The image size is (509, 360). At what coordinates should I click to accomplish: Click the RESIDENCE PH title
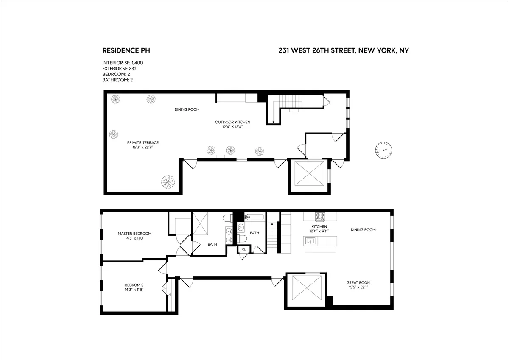tap(126, 50)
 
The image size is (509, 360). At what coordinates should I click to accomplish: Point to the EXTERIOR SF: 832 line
tap(120, 68)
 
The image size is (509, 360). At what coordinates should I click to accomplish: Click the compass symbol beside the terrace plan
tap(383, 150)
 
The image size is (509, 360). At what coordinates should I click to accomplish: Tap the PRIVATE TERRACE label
tap(143, 143)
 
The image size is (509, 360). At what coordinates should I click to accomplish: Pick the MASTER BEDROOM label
tap(134, 234)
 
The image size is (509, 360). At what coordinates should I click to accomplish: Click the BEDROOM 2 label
tap(134, 285)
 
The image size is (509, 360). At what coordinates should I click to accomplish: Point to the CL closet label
tap(243, 250)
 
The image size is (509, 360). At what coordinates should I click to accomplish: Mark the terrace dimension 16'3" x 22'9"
tap(143, 148)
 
